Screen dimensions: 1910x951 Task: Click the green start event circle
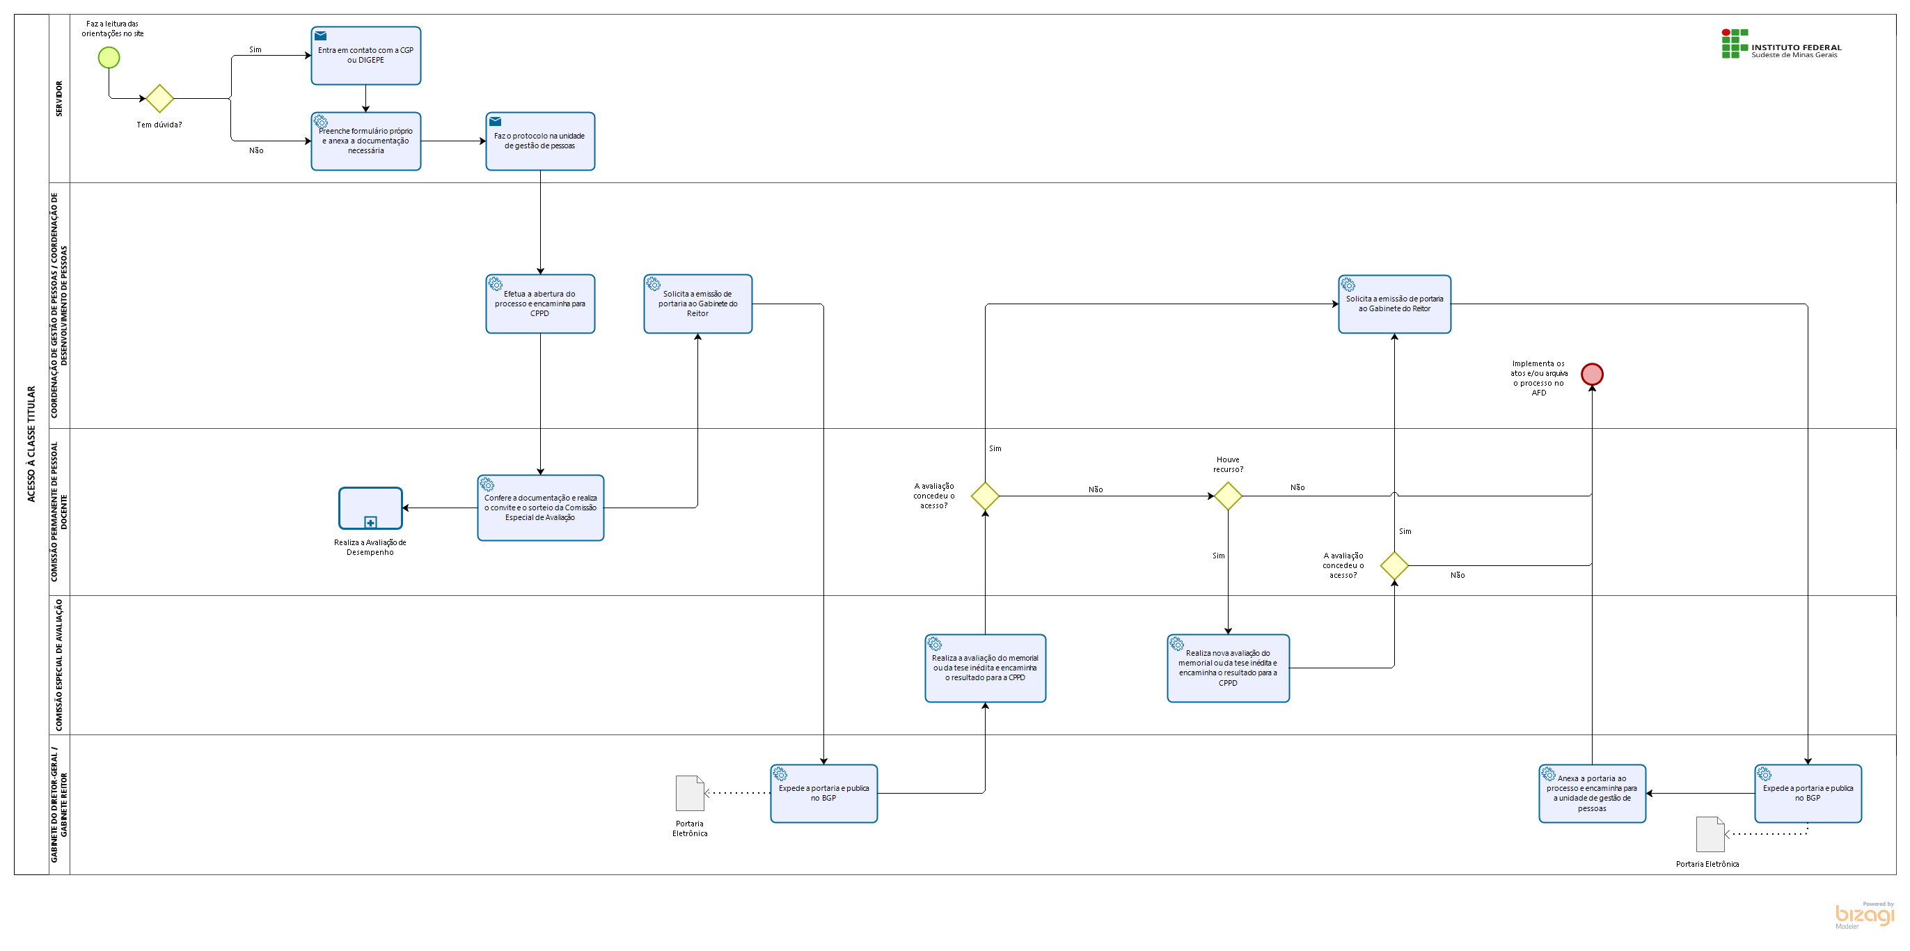point(109,57)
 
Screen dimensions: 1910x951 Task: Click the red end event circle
point(1591,374)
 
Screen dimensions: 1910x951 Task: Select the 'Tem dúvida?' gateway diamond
point(159,98)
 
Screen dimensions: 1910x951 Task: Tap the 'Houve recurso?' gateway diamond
point(1228,496)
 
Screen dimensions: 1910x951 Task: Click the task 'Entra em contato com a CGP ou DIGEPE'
point(365,56)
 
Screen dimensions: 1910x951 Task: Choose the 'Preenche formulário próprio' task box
point(365,141)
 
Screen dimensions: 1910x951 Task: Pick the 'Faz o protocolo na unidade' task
point(539,141)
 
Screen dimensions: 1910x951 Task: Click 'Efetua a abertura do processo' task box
point(539,304)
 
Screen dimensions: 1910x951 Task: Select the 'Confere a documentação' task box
point(541,508)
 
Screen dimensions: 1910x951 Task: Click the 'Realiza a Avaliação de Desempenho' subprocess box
point(370,508)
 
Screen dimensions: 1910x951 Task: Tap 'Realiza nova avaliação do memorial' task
point(1228,668)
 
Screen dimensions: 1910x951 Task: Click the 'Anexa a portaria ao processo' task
point(1592,793)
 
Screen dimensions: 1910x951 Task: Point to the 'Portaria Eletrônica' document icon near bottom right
point(1710,834)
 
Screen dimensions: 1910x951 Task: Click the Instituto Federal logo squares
point(1735,44)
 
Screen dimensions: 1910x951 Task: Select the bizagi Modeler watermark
point(1864,915)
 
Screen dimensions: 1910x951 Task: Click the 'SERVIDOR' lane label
point(59,99)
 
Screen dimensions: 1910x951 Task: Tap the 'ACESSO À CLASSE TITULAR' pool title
point(31,443)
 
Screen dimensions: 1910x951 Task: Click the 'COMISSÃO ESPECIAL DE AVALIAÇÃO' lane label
point(59,665)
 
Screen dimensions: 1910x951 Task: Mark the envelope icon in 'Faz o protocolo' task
point(496,122)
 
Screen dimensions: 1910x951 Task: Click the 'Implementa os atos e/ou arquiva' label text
point(1538,377)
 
